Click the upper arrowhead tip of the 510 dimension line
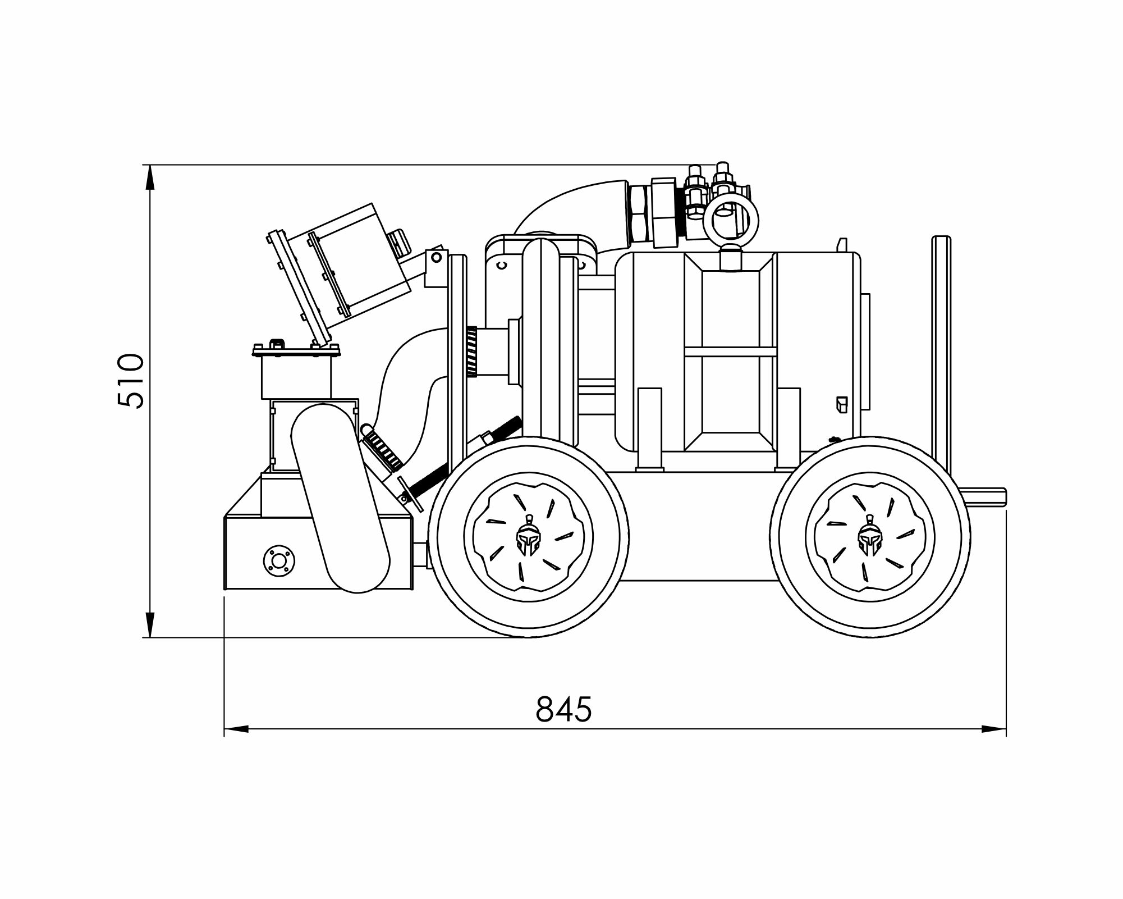point(150,165)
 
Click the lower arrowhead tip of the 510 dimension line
point(150,637)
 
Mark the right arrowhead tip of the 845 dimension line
point(1006,729)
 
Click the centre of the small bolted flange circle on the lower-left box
point(278,560)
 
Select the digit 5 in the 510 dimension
point(131,398)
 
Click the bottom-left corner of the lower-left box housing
point(224,589)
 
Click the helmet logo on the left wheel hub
point(528,537)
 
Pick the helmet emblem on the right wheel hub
point(869,537)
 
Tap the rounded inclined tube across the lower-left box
point(340,498)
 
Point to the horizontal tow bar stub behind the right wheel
point(985,496)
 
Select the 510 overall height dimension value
point(131,380)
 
